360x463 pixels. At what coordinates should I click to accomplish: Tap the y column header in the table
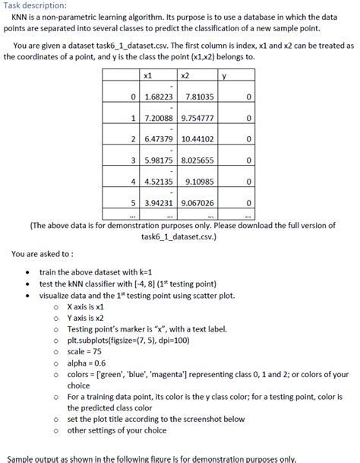224,75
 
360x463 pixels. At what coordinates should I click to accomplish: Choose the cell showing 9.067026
197,203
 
